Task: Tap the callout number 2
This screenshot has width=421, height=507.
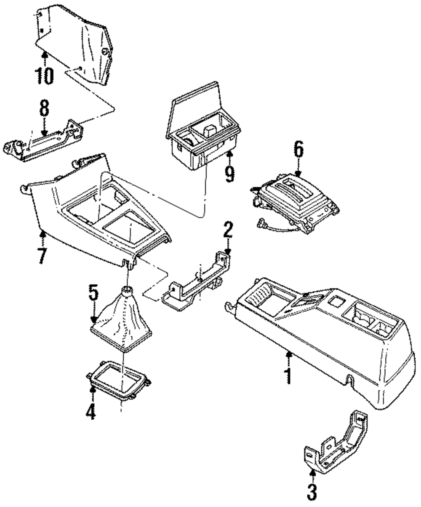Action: (228, 230)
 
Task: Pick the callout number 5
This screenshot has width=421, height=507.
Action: (93, 294)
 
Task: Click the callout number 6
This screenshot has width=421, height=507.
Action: (298, 150)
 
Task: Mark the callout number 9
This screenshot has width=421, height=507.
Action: (229, 173)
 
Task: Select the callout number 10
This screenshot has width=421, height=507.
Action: (44, 76)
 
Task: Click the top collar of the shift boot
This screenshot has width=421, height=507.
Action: (128, 289)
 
